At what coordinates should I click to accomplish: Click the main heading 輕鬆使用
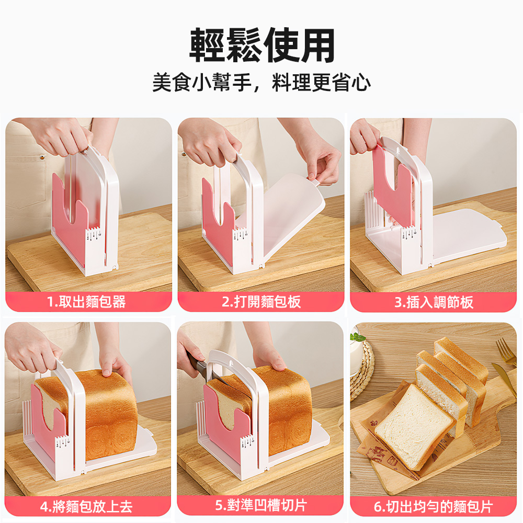click(x=261, y=46)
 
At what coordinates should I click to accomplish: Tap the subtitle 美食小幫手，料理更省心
click(x=261, y=83)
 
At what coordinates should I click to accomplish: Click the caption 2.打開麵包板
click(x=261, y=302)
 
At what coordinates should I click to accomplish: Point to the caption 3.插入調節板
click(x=434, y=302)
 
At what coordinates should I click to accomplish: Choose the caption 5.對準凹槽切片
click(x=261, y=506)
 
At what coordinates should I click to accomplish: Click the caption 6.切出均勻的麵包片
click(x=434, y=506)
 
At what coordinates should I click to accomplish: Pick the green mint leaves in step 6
click(x=358, y=337)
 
